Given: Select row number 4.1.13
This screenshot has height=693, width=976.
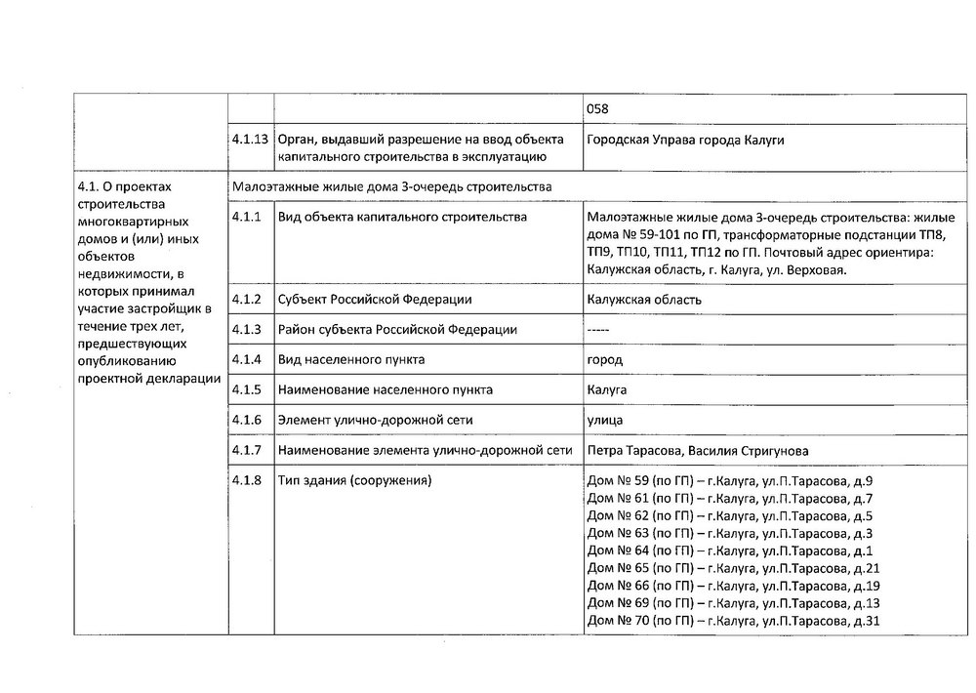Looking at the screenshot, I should pyautogui.click(x=250, y=140).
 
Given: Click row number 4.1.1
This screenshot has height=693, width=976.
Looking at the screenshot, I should pyautogui.click(x=246, y=217).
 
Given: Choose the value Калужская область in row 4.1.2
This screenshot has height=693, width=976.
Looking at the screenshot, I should pyautogui.click(x=644, y=300).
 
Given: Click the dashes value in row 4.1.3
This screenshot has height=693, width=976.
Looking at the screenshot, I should pyautogui.click(x=598, y=329).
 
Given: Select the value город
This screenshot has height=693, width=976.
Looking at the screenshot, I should pyautogui.click(x=605, y=359).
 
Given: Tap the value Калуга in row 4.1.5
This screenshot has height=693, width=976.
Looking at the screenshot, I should pyautogui.click(x=607, y=389).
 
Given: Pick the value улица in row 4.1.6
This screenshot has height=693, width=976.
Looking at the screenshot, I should pyautogui.click(x=606, y=420).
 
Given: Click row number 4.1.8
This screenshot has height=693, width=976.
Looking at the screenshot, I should pyautogui.click(x=246, y=481).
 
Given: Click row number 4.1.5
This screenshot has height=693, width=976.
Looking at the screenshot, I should pyautogui.click(x=246, y=389).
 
